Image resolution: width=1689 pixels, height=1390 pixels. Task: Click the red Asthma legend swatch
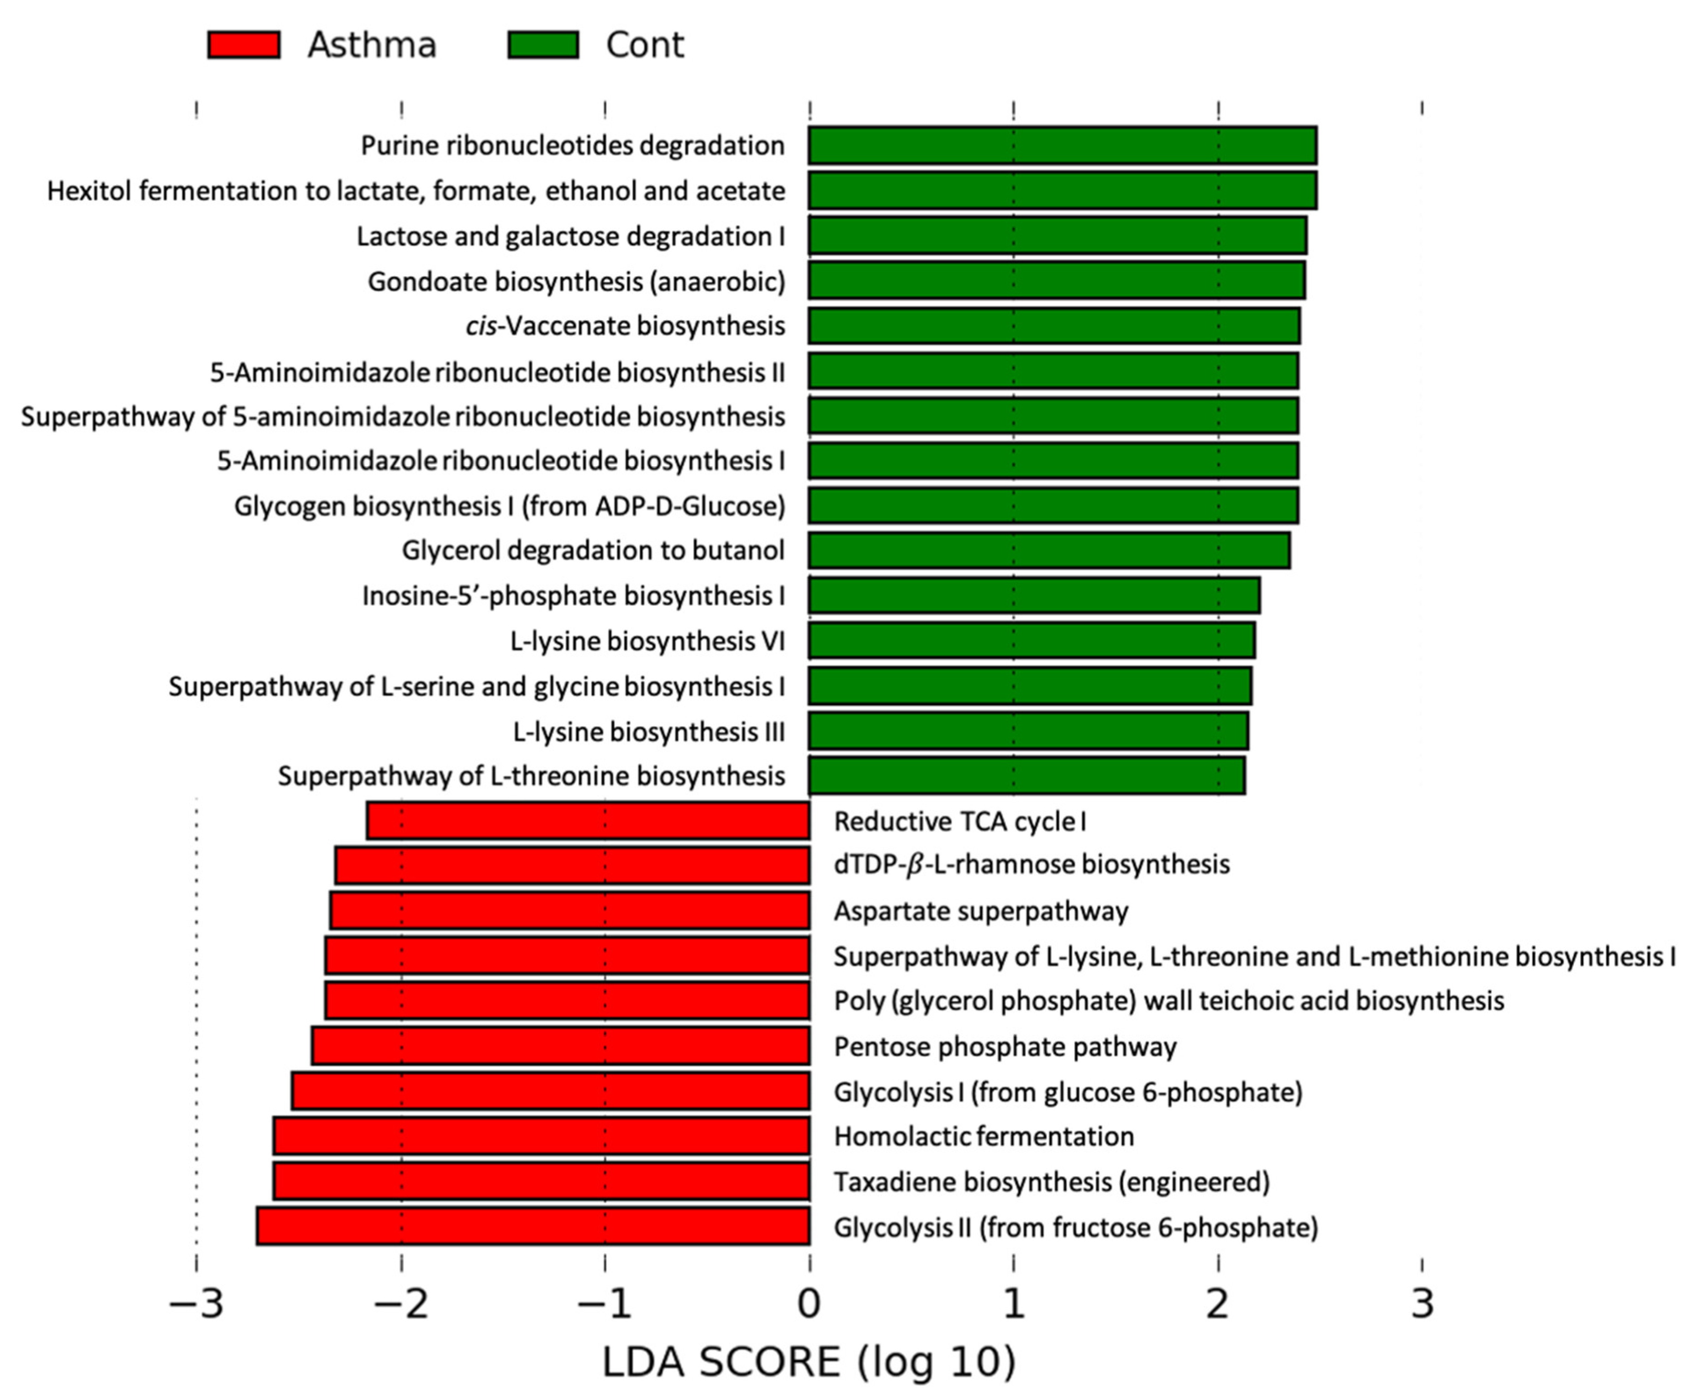tap(243, 45)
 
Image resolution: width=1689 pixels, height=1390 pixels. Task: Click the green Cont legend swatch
tap(543, 45)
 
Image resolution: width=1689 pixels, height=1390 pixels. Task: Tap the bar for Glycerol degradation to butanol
tap(1049, 551)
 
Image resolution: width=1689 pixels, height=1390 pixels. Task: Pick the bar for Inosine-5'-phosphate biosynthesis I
tap(1033, 596)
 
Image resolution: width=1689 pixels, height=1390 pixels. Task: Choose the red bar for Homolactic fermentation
tap(541, 1136)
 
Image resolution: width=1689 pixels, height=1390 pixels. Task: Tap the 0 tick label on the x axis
tap(809, 1304)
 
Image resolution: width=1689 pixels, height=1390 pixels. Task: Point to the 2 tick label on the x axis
tap(1217, 1304)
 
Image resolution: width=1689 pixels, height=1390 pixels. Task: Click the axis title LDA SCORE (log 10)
tap(809, 1362)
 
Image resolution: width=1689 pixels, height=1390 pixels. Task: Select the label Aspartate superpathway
tap(981, 911)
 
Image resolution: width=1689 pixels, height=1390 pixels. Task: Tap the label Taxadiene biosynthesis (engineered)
tap(1051, 1182)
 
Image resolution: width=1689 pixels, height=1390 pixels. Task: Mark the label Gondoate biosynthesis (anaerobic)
tap(576, 282)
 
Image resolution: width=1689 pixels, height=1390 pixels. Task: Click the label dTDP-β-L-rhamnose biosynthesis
tap(1031, 865)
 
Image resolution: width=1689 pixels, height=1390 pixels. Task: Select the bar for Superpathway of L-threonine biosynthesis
tap(1026, 776)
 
